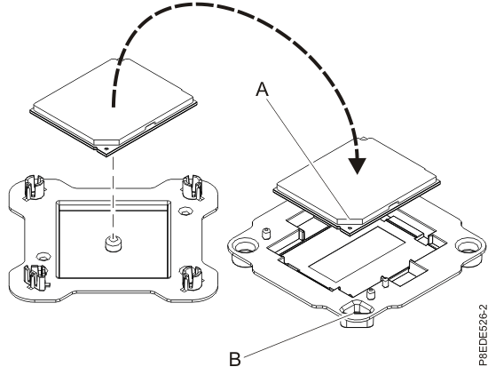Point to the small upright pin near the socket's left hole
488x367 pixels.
point(264,235)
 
